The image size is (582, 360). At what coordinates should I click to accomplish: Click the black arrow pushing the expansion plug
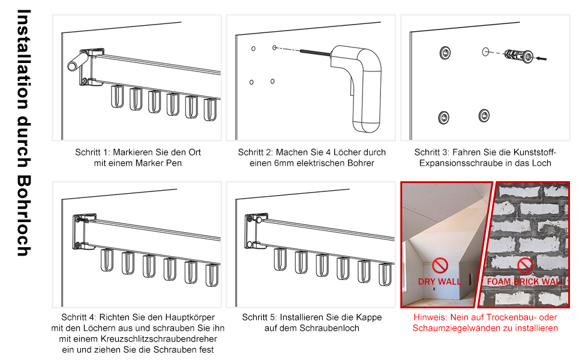click(x=541, y=58)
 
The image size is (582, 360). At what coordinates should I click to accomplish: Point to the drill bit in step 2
click(x=315, y=53)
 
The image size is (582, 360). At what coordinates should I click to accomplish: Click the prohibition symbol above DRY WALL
click(x=440, y=266)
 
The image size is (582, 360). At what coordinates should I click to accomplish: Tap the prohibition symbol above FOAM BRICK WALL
click(x=525, y=265)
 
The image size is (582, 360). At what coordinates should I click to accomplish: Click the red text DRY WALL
click(x=439, y=281)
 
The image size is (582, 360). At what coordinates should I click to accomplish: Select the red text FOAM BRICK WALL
click(x=526, y=281)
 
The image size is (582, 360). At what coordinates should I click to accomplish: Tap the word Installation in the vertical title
click(x=24, y=59)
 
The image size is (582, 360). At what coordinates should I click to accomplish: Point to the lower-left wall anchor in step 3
click(x=444, y=118)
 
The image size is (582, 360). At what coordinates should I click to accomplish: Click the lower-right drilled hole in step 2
click(x=272, y=81)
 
